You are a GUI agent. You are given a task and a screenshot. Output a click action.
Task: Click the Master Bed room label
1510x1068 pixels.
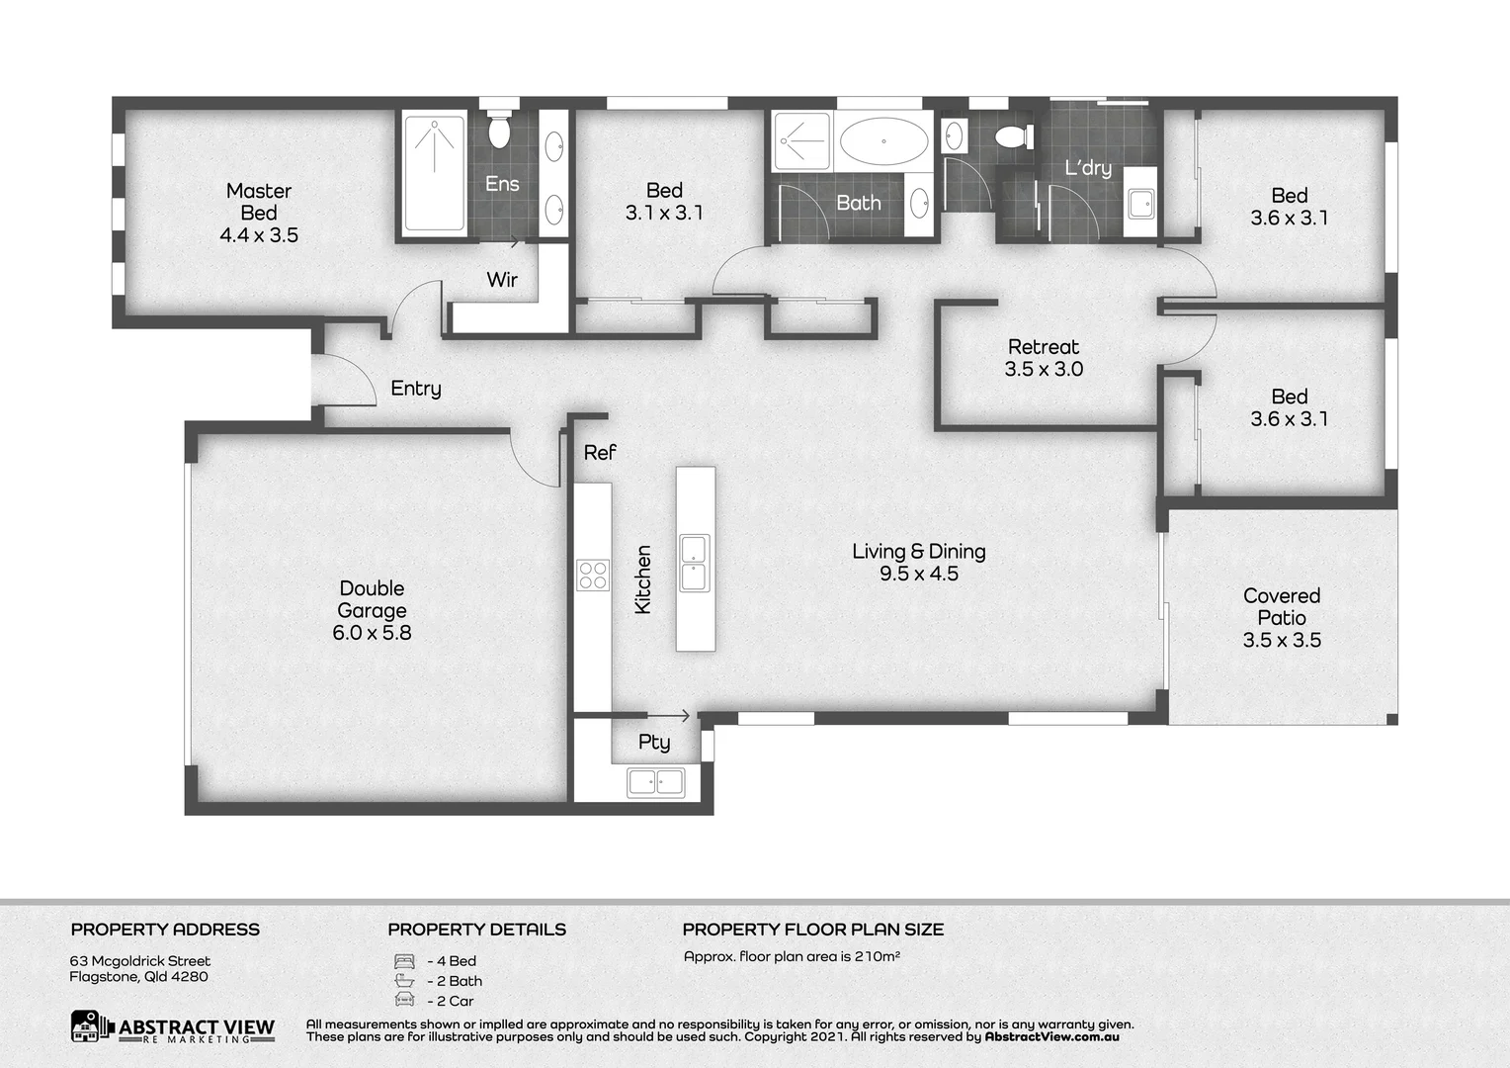pos(259,202)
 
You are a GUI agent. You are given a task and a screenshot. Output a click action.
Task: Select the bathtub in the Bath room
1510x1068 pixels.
pos(883,140)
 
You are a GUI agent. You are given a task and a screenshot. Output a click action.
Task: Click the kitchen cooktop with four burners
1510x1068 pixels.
pos(593,575)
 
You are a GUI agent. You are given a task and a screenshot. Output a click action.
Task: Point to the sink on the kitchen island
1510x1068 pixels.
pos(694,563)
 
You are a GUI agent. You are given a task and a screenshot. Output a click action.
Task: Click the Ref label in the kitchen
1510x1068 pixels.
pos(599,453)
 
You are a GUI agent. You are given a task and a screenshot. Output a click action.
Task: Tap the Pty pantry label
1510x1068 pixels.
pos(653,743)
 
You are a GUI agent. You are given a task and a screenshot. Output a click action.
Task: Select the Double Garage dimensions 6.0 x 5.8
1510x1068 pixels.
pos(372,633)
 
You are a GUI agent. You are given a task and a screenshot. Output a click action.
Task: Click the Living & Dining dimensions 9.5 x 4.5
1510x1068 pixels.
pos(919,575)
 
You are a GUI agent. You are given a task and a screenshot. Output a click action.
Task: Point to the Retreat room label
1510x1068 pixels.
pos(1044,347)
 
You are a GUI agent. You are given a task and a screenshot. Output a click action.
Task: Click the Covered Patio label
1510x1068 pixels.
pos(1282,606)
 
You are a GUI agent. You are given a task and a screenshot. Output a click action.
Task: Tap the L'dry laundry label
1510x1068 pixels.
pos(1088,168)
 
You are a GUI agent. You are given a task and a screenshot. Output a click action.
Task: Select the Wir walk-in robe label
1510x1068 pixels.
pos(502,280)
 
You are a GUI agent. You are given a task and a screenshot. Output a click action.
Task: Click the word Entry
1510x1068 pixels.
pos(416,389)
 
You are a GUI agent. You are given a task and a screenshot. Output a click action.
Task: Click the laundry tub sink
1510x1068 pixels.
pos(1141,203)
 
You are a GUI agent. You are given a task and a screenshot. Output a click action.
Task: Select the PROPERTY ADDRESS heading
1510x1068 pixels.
pos(165,930)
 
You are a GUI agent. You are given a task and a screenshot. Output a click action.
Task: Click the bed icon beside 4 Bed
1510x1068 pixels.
pos(404,961)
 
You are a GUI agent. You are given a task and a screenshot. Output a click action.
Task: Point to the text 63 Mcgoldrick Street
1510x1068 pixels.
pos(140,961)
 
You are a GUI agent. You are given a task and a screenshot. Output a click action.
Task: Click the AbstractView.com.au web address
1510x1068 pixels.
pos(1051,1037)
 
